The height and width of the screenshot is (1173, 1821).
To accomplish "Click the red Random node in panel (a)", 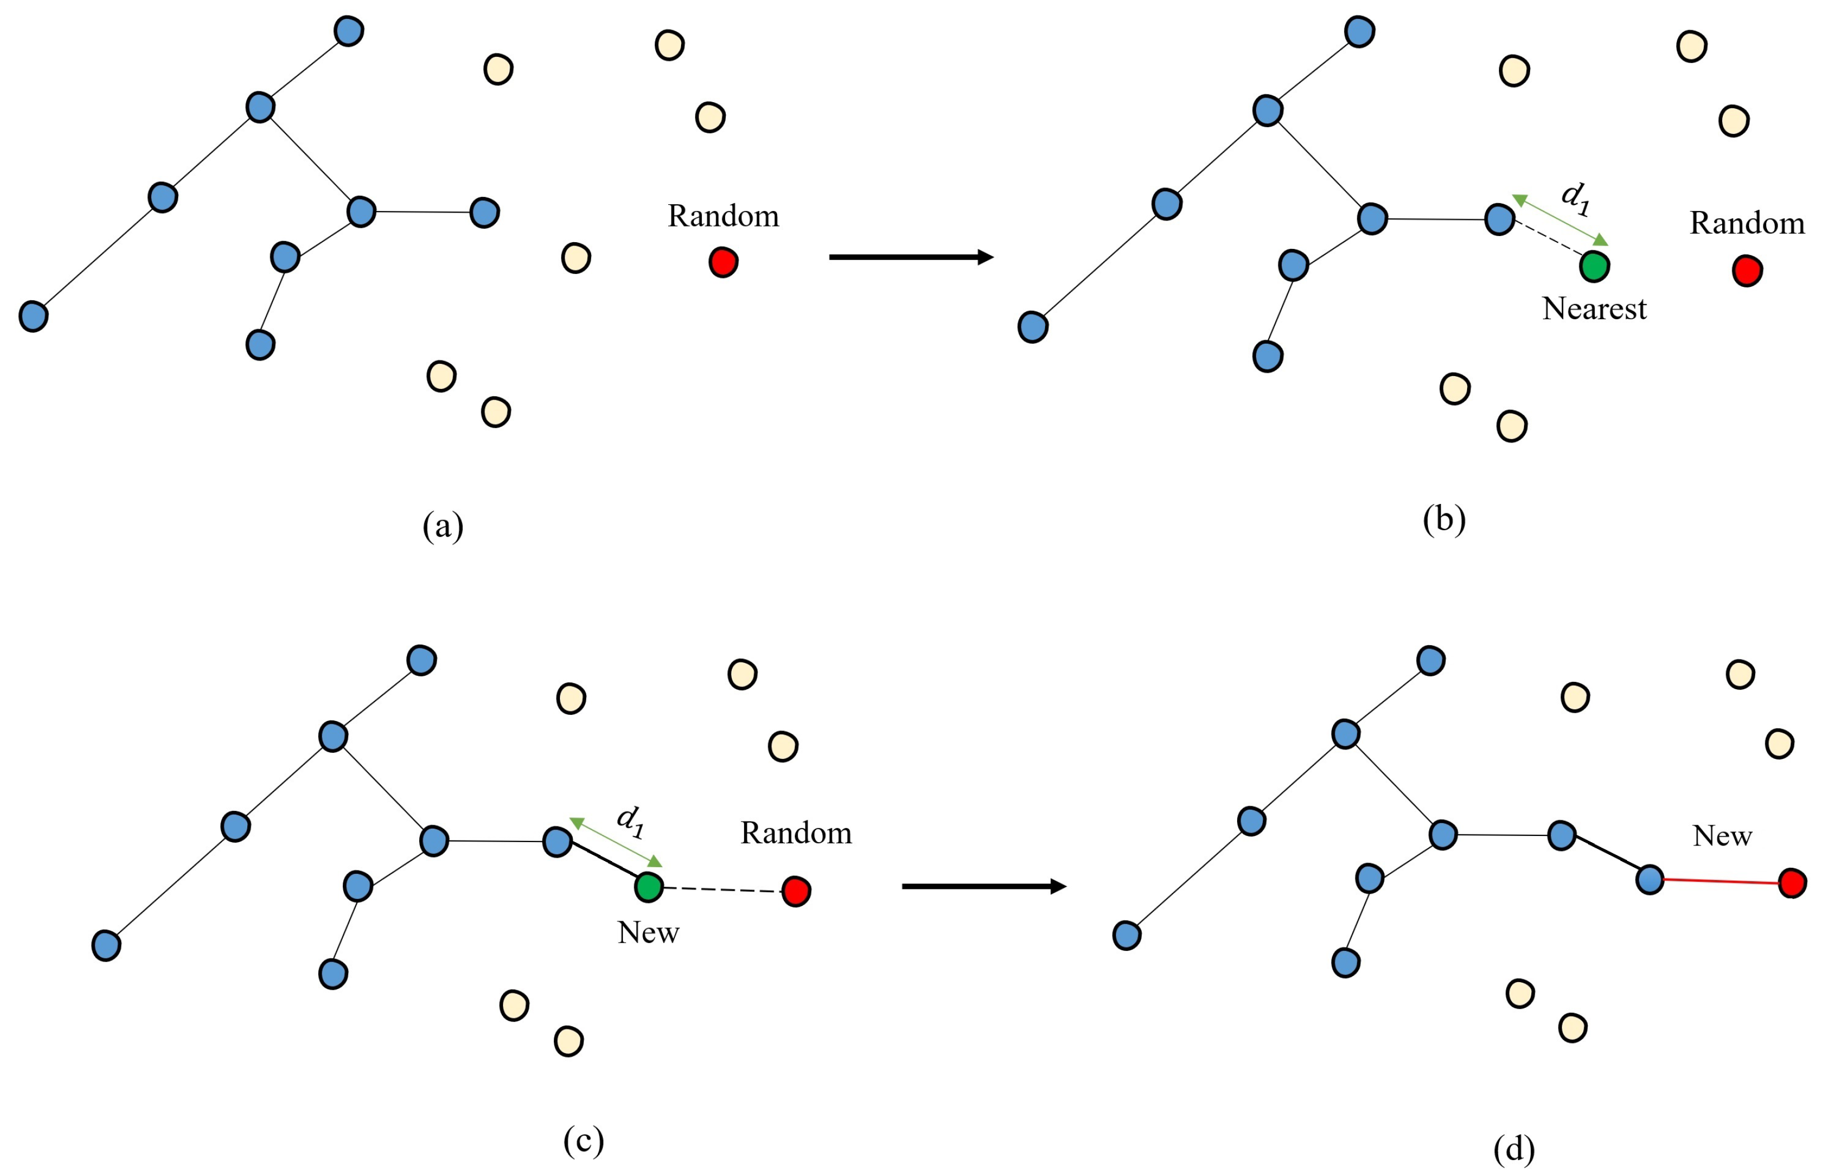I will pos(723,262).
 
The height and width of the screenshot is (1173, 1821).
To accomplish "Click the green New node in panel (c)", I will pos(648,887).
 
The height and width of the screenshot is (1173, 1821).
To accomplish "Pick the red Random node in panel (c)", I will pos(796,891).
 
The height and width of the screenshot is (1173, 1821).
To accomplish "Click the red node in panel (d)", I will pos(1792,883).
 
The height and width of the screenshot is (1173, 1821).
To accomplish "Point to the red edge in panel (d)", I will pos(1722,881).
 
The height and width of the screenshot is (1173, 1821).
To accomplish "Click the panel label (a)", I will pos(443,526).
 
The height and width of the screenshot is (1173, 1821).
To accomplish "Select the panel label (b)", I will pos(1444,519).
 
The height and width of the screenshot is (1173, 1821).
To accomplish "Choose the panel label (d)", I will pos(1514,1148).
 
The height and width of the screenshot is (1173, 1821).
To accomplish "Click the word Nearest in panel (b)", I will pos(1594,309).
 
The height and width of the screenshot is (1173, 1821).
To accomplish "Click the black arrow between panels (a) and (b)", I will pos(911,257).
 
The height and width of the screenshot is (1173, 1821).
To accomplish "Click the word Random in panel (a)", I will pos(723,217).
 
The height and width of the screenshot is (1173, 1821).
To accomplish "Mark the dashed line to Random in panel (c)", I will pos(722,890).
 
